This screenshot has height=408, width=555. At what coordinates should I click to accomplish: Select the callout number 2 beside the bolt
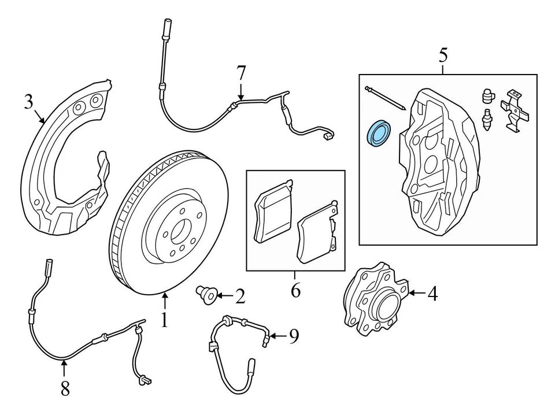coord(240,297)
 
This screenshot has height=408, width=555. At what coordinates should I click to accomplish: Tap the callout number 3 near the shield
coord(29,102)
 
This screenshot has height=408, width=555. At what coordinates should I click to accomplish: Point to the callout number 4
coord(432,294)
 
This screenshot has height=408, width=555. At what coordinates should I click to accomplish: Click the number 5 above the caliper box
coord(443,55)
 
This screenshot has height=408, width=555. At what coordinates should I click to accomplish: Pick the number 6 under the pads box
coord(295,290)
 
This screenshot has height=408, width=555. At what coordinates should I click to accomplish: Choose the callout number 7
coord(240,73)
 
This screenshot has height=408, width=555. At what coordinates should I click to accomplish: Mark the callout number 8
coord(65,389)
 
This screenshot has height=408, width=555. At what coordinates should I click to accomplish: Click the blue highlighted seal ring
coord(380,133)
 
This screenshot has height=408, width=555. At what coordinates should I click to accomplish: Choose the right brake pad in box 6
coord(316,233)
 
